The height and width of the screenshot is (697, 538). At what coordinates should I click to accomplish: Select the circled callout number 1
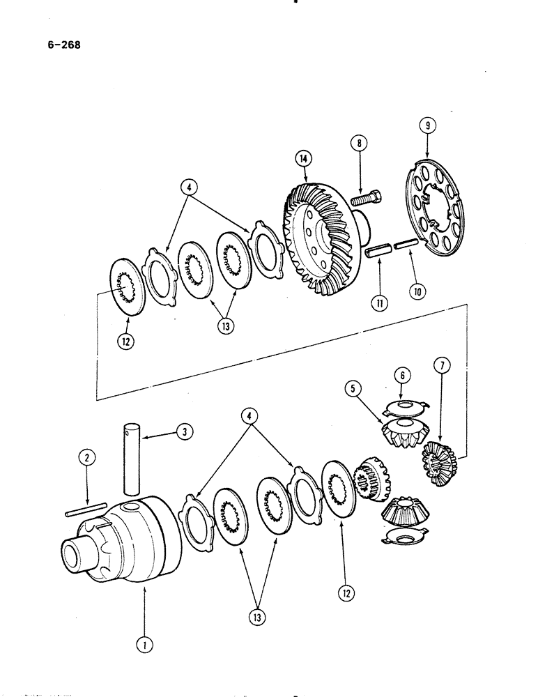point(144,645)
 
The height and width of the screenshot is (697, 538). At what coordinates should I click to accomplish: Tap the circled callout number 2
point(86,458)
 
